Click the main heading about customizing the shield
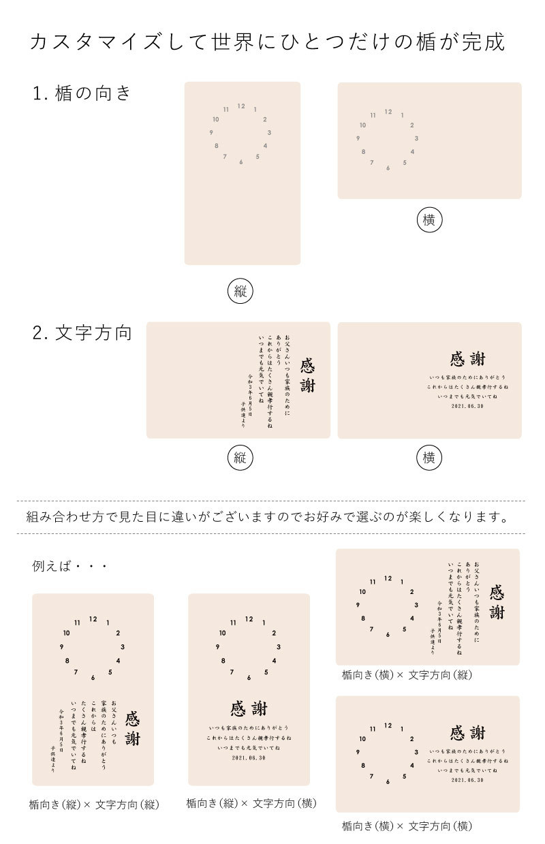click(267, 42)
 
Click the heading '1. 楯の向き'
click(82, 94)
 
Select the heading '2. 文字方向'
click(82, 333)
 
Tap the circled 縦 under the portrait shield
click(240, 292)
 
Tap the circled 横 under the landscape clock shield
click(429, 220)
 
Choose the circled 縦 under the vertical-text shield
click(240, 458)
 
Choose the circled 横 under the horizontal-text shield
click(429, 458)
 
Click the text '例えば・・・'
click(70, 566)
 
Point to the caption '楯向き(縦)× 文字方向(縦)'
click(94, 805)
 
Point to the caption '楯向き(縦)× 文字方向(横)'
click(251, 804)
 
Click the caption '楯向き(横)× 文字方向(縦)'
click(407, 675)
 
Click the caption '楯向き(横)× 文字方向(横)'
click(407, 826)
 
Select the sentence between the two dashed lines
click(267, 517)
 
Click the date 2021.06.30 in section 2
click(467, 406)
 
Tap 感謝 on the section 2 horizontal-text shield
click(467, 359)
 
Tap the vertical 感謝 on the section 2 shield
click(308, 375)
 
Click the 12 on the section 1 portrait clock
click(241, 106)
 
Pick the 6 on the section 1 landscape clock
click(388, 168)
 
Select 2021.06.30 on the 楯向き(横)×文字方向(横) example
click(467, 780)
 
